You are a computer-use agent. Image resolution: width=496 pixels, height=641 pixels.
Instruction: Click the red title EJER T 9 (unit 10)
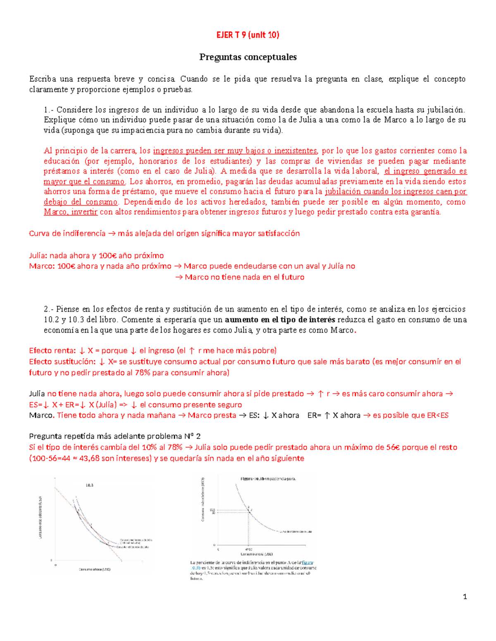(248, 35)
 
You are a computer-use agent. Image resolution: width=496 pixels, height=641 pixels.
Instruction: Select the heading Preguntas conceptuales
(248, 57)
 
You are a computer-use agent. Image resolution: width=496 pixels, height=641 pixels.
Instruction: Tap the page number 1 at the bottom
(465, 596)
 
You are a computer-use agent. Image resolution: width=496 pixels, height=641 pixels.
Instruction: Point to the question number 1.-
(49, 110)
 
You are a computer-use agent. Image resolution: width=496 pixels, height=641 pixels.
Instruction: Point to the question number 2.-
(49, 309)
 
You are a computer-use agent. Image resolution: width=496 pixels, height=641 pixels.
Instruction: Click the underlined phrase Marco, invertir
(71, 212)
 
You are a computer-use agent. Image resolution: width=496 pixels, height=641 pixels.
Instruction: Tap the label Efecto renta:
(52, 351)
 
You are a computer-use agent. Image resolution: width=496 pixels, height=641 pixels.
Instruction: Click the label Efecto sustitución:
(62, 362)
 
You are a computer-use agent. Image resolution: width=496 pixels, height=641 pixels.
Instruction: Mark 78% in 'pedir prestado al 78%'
(143, 373)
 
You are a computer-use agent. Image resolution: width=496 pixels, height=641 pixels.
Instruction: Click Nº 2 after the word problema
(192, 436)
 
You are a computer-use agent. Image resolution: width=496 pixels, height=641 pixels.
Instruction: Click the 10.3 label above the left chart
(90, 485)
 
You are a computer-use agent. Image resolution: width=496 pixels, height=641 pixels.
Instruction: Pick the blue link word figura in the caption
(308, 563)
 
